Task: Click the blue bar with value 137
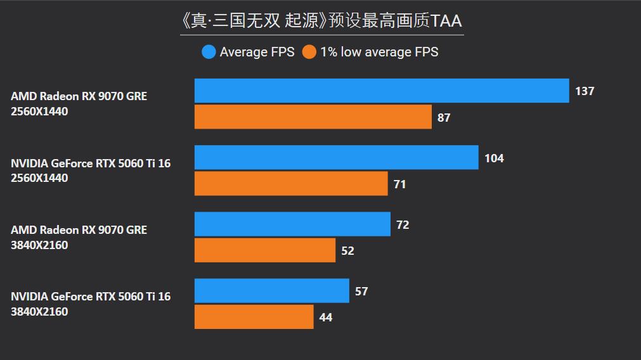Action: click(382, 91)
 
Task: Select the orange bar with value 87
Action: click(313, 117)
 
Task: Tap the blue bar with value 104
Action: click(336, 157)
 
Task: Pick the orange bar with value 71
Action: click(291, 184)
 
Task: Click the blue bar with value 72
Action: click(292, 224)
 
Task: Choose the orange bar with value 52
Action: click(265, 250)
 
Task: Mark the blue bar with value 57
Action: click(271, 291)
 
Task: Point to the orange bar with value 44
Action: click(254, 317)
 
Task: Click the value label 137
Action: click(585, 91)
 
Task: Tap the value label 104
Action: click(494, 158)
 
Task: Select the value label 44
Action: click(326, 318)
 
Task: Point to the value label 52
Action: click(347, 251)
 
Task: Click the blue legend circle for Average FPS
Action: click(209, 52)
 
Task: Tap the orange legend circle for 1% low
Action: click(309, 52)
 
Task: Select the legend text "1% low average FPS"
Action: click(379, 52)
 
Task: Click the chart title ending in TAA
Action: click(321, 21)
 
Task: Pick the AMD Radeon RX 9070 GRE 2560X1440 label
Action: click(79, 104)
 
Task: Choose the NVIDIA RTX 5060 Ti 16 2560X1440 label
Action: click(91, 170)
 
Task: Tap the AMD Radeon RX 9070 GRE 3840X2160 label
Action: click(79, 237)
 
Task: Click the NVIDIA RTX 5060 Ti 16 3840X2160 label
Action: click(91, 304)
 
